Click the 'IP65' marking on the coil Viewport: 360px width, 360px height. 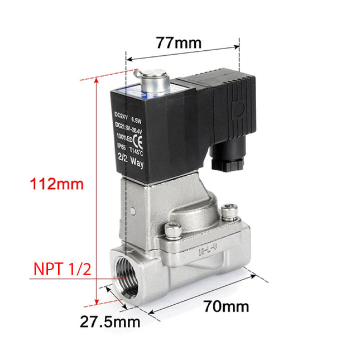coord(121,146)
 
